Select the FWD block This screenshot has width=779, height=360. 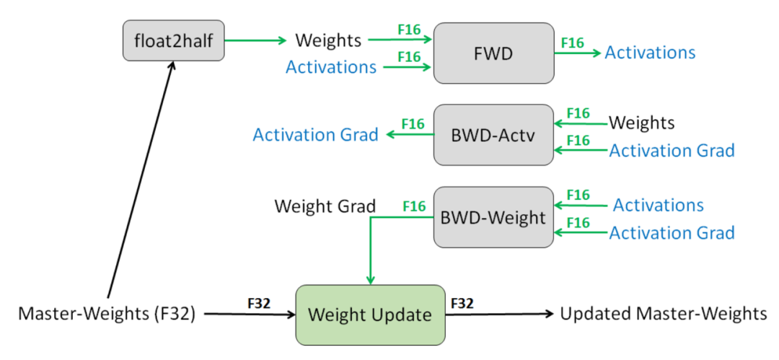(x=494, y=53)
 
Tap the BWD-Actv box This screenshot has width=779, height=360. (x=494, y=135)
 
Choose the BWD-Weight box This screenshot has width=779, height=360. (x=494, y=217)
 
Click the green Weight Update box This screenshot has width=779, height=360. (x=370, y=315)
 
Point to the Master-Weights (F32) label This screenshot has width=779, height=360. (x=107, y=314)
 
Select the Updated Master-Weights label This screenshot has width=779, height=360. (x=664, y=314)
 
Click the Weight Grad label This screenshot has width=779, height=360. (x=325, y=206)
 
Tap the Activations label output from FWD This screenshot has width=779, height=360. (x=650, y=53)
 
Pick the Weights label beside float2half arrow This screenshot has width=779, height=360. (x=328, y=41)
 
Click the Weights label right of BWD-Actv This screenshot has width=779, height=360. (x=642, y=123)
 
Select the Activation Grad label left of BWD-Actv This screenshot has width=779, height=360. (x=315, y=135)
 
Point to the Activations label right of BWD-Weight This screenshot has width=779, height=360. (x=659, y=205)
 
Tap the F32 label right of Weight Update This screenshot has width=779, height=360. (x=462, y=303)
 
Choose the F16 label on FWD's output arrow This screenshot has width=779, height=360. (x=572, y=43)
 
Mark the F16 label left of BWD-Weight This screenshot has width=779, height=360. (x=414, y=206)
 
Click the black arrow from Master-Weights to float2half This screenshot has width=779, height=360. (x=141, y=180)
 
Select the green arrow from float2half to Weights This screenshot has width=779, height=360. (x=256, y=41)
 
